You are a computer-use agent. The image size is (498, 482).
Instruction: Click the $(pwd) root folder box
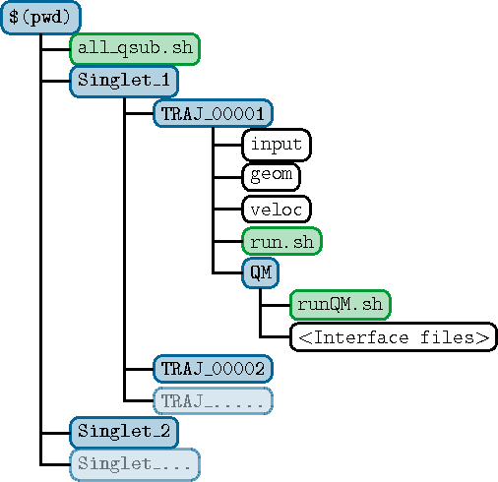point(40,17)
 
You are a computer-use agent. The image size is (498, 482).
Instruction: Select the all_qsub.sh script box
point(135,49)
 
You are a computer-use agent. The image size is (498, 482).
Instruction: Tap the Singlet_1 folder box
point(124,82)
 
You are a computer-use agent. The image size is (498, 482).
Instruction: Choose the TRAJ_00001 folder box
point(213,113)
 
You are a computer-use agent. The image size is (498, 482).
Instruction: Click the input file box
point(277,145)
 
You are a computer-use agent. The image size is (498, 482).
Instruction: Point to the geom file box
point(271,177)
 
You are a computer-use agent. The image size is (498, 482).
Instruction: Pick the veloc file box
point(277,209)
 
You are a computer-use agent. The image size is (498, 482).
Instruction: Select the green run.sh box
point(281,241)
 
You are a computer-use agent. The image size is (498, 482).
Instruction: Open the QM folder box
point(261,272)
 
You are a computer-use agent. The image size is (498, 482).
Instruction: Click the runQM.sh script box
point(341,305)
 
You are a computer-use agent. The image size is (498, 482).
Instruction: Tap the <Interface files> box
point(394,336)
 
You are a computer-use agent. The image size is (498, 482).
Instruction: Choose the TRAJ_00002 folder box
point(213,369)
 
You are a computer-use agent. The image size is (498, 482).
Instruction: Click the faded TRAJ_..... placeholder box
point(213,400)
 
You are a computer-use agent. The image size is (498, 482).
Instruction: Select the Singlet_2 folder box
point(124,433)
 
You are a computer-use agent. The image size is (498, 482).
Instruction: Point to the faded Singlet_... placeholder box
point(135,464)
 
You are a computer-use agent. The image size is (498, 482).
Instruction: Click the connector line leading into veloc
point(228,209)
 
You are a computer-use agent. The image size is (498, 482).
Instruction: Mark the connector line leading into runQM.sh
point(276,305)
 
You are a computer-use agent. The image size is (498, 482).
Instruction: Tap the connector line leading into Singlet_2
point(56,433)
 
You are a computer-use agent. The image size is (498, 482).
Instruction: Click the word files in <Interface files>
point(447,336)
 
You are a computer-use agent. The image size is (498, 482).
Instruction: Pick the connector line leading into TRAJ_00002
point(140,369)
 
